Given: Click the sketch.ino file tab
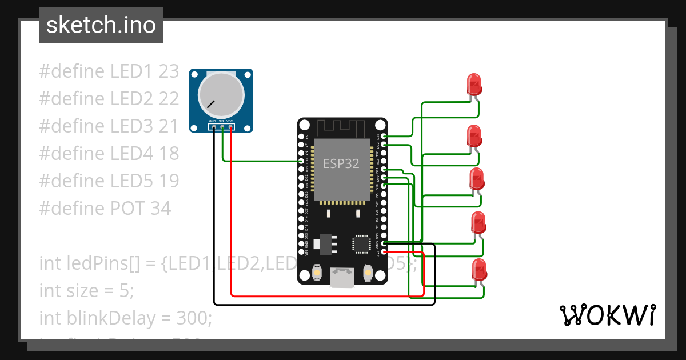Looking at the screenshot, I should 101,25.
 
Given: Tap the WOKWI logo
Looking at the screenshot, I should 607,315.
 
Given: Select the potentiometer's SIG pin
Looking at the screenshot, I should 221,126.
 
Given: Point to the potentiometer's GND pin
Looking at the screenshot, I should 213,126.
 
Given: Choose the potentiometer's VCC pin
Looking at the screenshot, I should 230,126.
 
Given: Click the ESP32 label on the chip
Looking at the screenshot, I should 341,163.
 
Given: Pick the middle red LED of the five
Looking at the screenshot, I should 476,179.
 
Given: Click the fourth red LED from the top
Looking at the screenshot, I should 478,223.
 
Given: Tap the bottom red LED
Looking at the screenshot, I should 479,270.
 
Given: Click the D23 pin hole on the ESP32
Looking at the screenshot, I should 384,136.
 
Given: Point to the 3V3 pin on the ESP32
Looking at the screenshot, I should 384,252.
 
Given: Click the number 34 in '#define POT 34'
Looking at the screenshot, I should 161,209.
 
